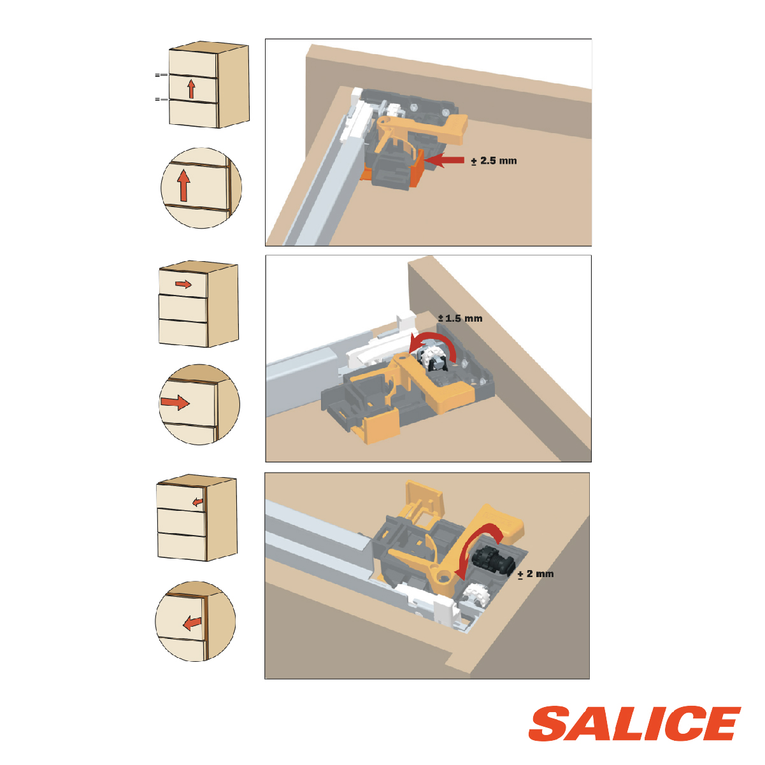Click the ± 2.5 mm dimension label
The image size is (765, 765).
(x=494, y=161)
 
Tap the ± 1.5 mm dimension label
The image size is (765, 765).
(x=460, y=318)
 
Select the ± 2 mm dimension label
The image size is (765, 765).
(x=536, y=574)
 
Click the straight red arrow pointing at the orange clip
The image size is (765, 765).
(x=444, y=160)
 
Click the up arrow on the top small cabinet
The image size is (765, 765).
(x=191, y=89)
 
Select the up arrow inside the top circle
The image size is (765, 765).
(x=183, y=185)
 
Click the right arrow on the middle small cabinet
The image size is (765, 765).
(x=183, y=284)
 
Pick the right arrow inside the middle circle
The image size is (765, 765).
(x=175, y=402)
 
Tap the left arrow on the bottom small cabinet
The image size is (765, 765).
(x=197, y=503)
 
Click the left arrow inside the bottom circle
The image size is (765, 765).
(x=192, y=623)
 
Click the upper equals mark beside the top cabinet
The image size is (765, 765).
(x=162, y=75)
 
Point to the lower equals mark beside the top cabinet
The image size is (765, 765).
(x=162, y=99)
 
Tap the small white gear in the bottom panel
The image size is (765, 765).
(x=476, y=595)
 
